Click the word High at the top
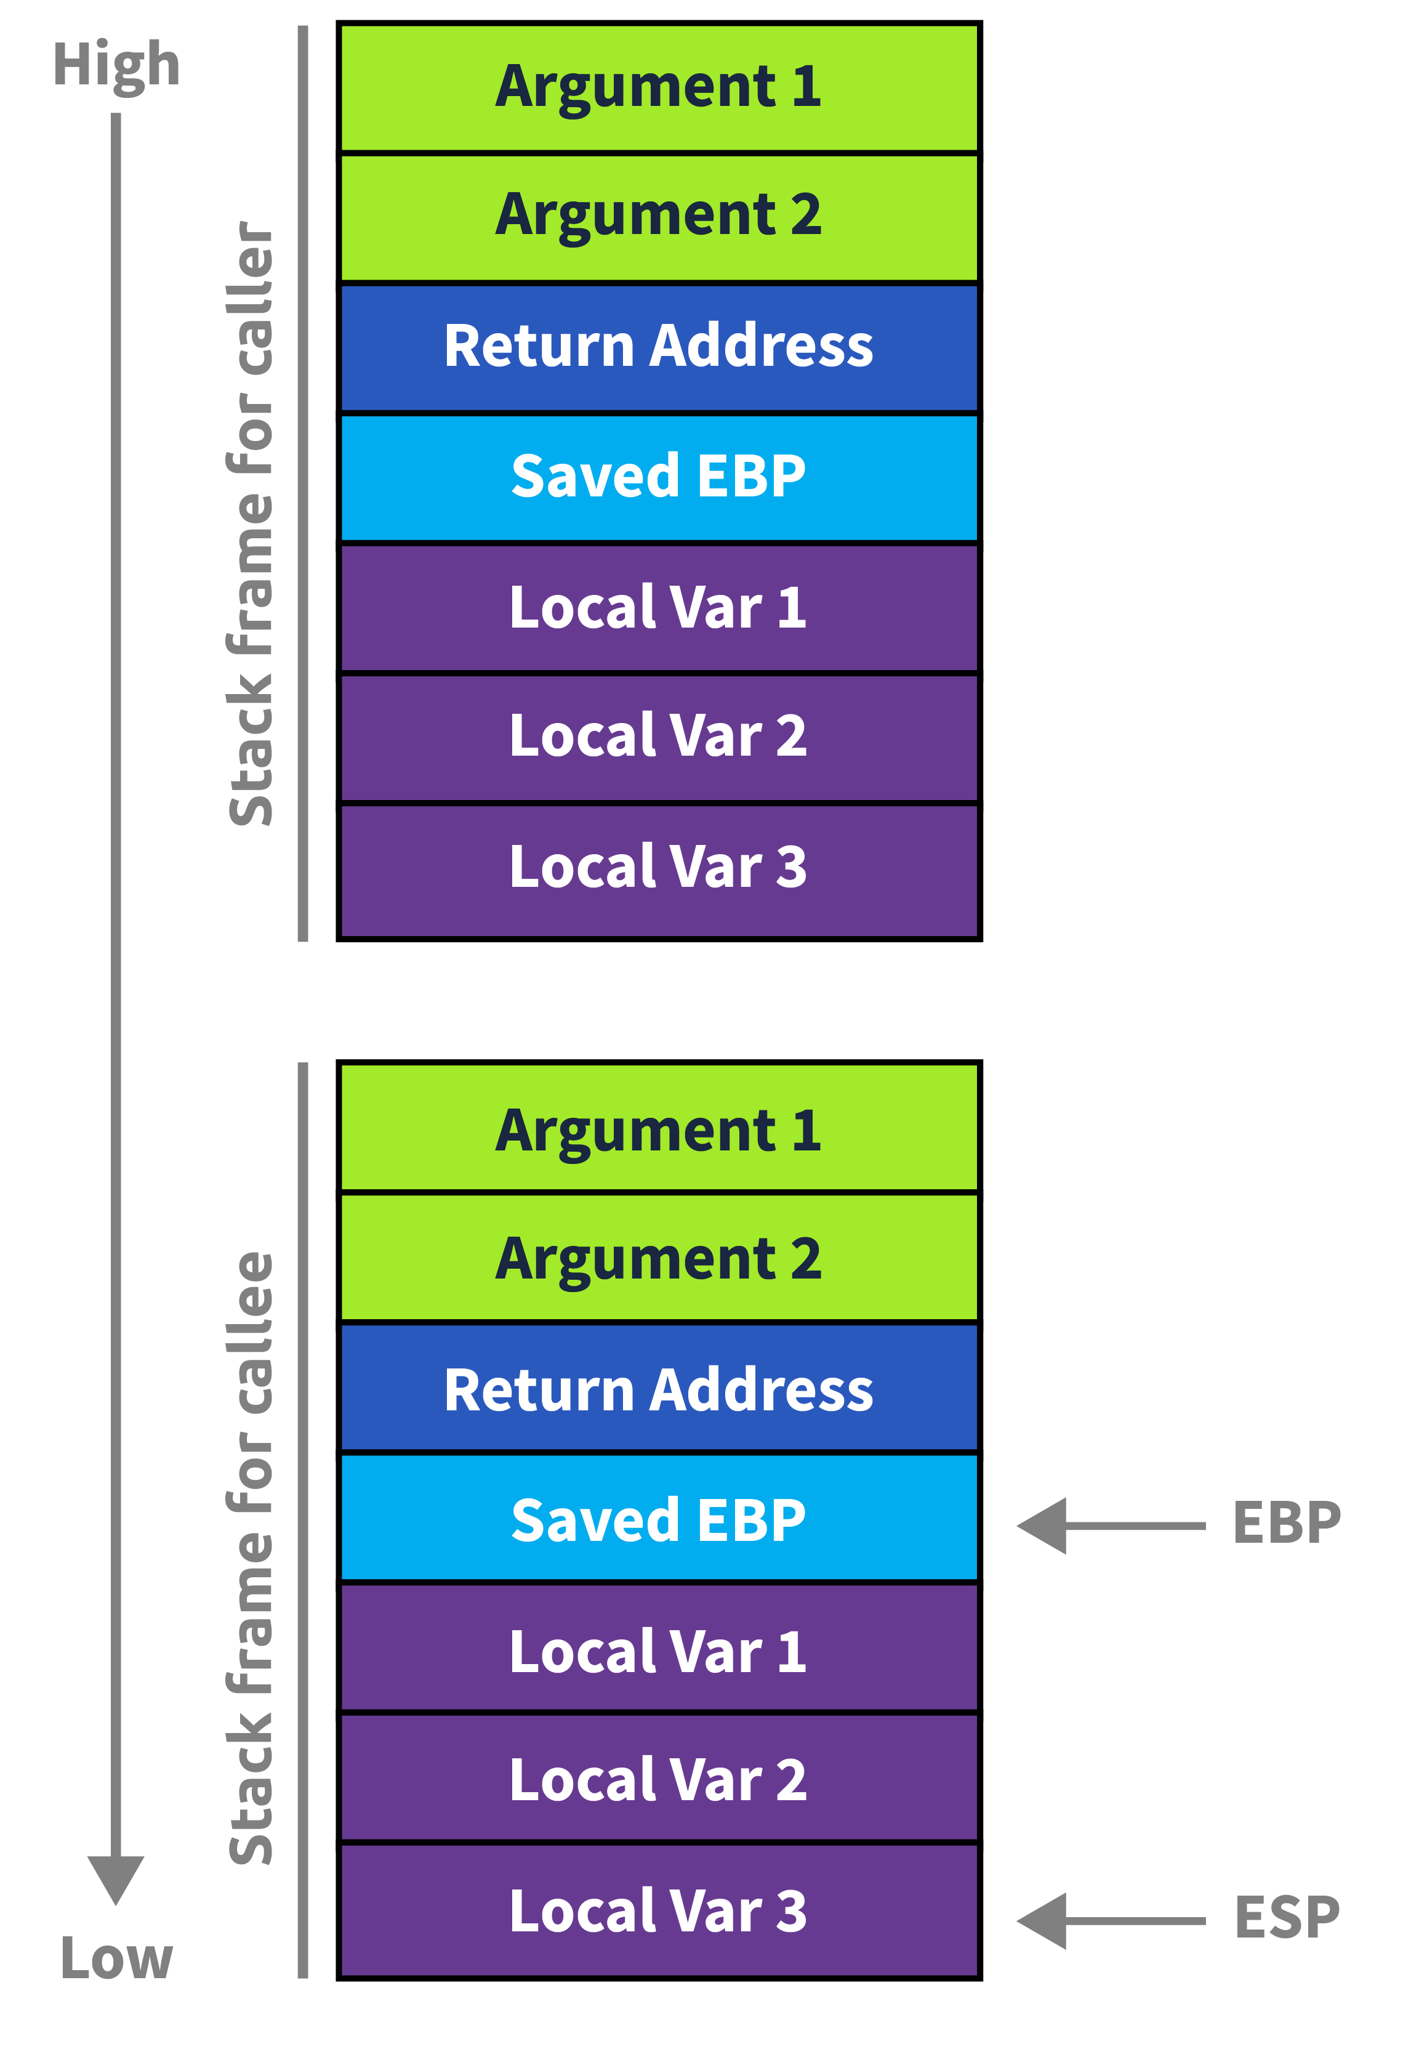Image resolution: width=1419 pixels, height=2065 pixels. click(x=116, y=64)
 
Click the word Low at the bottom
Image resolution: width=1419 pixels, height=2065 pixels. click(x=116, y=1957)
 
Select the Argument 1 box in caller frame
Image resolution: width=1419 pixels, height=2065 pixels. click(x=658, y=87)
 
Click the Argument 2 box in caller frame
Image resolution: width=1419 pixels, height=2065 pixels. click(x=658, y=216)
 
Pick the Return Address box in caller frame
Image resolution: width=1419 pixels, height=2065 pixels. click(x=658, y=346)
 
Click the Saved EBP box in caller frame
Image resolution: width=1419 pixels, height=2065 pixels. click(x=658, y=476)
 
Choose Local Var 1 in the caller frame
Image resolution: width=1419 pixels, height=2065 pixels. click(x=658, y=607)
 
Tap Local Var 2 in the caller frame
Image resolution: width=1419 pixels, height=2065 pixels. click(x=658, y=737)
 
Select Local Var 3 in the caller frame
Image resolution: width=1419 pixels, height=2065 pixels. click(x=658, y=867)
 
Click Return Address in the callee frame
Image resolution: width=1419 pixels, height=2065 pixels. click(x=658, y=1390)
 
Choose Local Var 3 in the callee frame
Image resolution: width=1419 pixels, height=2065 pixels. click(x=658, y=1911)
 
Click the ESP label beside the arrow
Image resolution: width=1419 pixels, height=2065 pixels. click(x=1285, y=1917)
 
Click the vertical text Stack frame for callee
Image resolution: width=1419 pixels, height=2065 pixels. click(x=251, y=1556)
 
